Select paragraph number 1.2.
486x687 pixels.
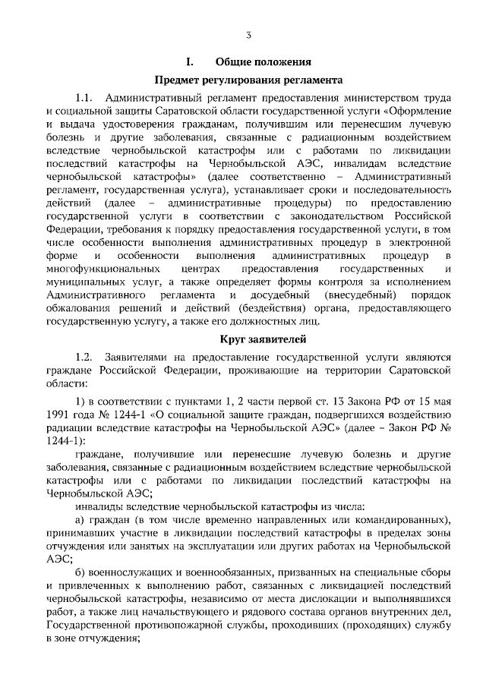(x=84, y=357)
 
